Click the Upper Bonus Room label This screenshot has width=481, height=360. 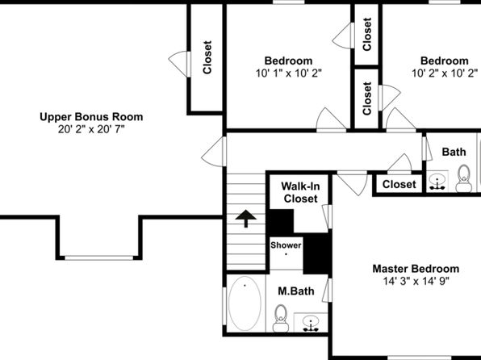pyautogui.click(x=91, y=117)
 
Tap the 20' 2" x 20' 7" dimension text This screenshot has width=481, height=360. pyautogui.click(x=91, y=129)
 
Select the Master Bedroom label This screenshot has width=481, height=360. pyautogui.click(x=416, y=269)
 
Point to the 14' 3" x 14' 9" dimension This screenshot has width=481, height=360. pyautogui.click(x=416, y=281)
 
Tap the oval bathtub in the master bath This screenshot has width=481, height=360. pyautogui.click(x=245, y=303)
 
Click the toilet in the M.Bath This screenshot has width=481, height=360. pyautogui.click(x=281, y=318)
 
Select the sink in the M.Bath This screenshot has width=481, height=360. pyautogui.click(x=311, y=324)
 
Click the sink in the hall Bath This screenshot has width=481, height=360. pyautogui.click(x=437, y=182)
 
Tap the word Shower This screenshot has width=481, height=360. pyautogui.click(x=286, y=245)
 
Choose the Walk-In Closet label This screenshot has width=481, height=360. pyautogui.click(x=300, y=192)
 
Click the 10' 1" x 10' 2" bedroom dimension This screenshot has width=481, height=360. pyautogui.click(x=289, y=73)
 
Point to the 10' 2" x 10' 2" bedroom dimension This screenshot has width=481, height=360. pyautogui.click(x=445, y=73)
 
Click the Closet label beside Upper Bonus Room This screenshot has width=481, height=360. pyautogui.click(x=207, y=57)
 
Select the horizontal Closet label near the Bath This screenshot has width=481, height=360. pyautogui.click(x=399, y=185)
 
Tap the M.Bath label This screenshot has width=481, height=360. pyautogui.click(x=296, y=291)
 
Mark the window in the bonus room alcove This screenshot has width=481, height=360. pyautogui.click(x=98, y=257)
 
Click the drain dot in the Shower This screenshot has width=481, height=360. pyautogui.click(x=286, y=254)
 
